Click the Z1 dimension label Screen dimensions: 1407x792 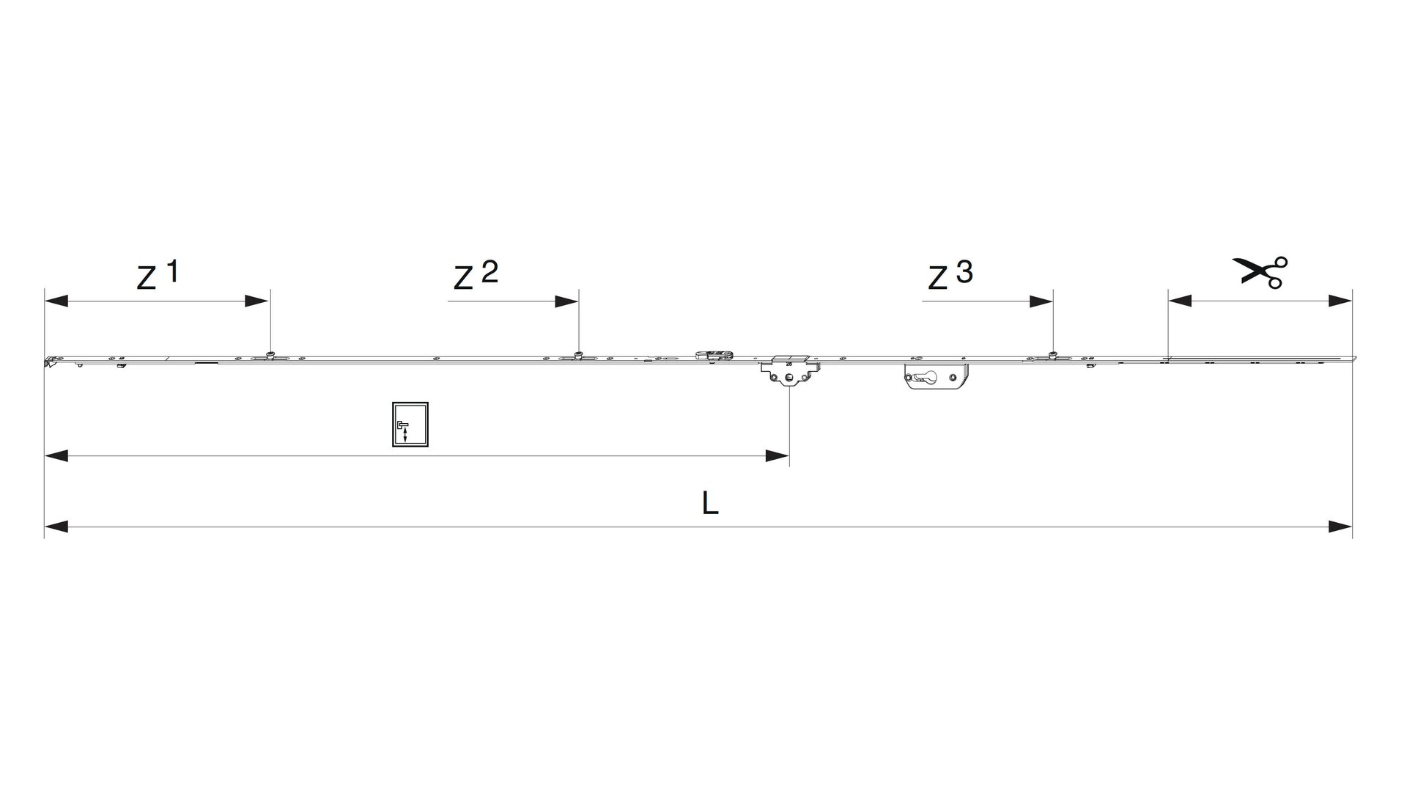[158, 275]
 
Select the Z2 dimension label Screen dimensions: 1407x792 [476, 275]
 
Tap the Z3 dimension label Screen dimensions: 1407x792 [950, 275]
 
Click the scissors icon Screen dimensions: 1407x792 [1260, 272]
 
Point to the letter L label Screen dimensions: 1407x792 [709, 503]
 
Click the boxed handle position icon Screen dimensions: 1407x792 [410, 425]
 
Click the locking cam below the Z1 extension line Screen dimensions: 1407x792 [270, 356]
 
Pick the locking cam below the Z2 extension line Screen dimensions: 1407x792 [579, 356]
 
